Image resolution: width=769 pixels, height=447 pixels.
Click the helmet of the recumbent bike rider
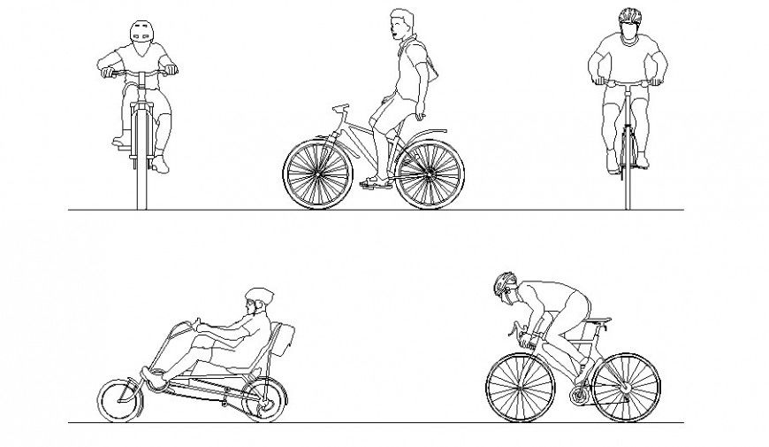(258, 296)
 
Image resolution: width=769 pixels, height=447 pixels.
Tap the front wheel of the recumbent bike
(121, 400)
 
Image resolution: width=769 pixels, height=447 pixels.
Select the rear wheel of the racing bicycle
(626, 387)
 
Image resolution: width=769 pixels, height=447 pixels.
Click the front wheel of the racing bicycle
(520, 387)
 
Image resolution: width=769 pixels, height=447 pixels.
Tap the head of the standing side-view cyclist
(402, 22)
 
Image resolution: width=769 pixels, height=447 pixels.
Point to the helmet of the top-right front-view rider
(629, 16)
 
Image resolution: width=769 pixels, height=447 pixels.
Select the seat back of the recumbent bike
(282, 341)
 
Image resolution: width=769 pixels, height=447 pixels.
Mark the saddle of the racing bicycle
(597, 320)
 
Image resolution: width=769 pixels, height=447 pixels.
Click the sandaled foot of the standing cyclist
(376, 183)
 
